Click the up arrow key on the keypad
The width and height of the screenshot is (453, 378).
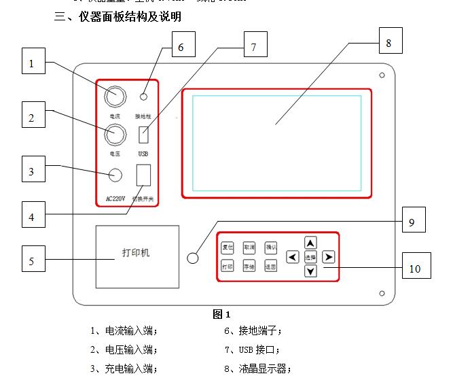coord(310,243)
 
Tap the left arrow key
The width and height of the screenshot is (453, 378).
coord(292,257)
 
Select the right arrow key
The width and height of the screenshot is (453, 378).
coord(329,257)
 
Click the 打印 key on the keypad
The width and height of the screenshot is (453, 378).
coord(228,267)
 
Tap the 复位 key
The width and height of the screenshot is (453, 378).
coord(228,247)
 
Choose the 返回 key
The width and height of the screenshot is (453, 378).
coord(271,267)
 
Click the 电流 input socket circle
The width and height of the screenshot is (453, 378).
coord(115,97)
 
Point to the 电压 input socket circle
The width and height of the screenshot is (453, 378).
coord(115,136)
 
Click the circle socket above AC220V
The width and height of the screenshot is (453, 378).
coord(115,175)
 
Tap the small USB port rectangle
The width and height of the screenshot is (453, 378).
coord(143,135)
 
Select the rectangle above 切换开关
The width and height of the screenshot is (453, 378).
coord(143,176)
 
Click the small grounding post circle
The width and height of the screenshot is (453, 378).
coord(144,97)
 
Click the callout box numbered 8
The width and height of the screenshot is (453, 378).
coord(388,41)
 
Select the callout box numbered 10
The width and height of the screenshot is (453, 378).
coord(415,268)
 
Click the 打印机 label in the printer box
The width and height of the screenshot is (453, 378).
coord(136,254)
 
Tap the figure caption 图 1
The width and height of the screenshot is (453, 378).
coord(221,314)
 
